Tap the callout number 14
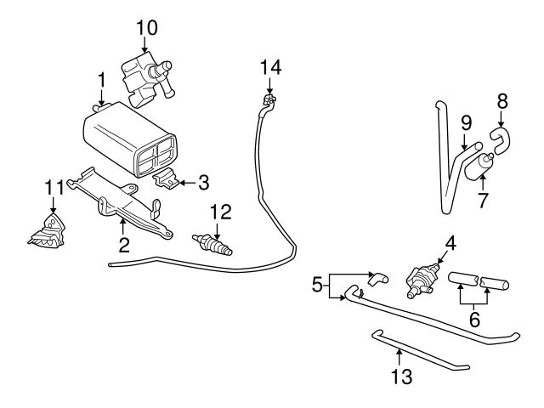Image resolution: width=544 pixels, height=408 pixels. point(269,66)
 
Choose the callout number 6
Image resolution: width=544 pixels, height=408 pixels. point(475,320)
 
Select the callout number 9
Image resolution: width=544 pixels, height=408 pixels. point(466,122)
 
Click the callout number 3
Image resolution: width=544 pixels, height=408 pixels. point(203,181)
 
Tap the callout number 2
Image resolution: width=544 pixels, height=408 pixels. point(124,246)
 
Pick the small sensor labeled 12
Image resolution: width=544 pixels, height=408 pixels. point(211,243)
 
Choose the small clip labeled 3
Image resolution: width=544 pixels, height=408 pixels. point(168,180)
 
